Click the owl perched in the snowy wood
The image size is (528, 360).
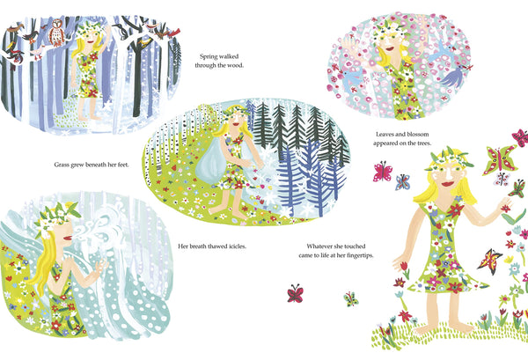pyautogui.click(x=56, y=32)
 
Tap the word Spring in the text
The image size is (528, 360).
pyautogui.click(x=209, y=56)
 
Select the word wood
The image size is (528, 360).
pyautogui.click(x=235, y=65)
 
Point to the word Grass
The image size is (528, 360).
pyautogui.click(x=62, y=165)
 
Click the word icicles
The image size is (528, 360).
pyautogui.click(x=238, y=246)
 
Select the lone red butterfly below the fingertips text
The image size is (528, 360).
pyautogui.click(x=296, y=293)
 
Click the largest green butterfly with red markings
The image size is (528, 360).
pyautogui.click(x=499, y=160)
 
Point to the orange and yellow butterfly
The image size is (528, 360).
pyautogui.click(x=490, y=261)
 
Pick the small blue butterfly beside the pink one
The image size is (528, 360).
pyautogui.click(x=403, y=182)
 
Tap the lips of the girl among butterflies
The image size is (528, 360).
pyautogui.click(x=448, y=184)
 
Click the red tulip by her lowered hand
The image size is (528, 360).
pyautogui.click(x=405, y=267)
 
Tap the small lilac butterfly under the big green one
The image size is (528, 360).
pyautogui.click(x=502, y=179)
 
